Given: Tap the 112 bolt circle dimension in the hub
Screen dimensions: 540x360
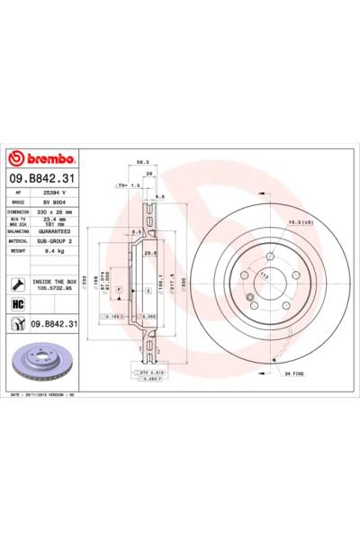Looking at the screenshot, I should [x=266, y=274].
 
